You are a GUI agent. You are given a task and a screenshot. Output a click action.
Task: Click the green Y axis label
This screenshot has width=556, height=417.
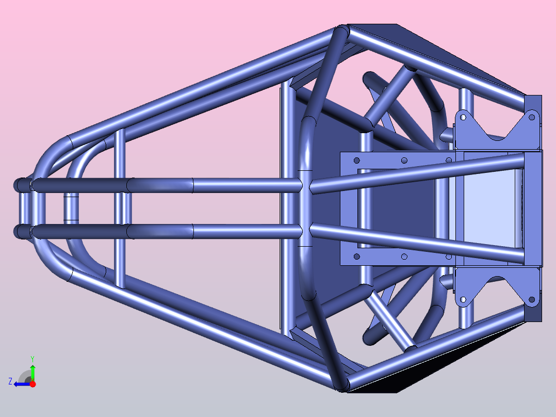[32, 359]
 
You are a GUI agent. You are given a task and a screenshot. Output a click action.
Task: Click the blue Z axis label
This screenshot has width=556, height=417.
[10, 381]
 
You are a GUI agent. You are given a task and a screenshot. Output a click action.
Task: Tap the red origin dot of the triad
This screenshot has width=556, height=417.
[32, 384]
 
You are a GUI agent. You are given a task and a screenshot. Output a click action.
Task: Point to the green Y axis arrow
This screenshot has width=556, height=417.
[32, 373]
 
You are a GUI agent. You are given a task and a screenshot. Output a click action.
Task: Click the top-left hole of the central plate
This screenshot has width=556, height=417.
[357, 161]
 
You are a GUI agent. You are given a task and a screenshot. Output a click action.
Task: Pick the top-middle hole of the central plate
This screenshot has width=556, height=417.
[404, 161]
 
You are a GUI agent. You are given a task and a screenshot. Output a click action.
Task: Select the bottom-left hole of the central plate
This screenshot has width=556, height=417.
[357, 256]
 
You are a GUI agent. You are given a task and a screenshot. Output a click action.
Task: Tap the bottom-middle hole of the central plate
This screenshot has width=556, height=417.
[404, 256]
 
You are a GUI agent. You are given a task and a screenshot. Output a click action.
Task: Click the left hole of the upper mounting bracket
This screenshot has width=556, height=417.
[463, 117]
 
